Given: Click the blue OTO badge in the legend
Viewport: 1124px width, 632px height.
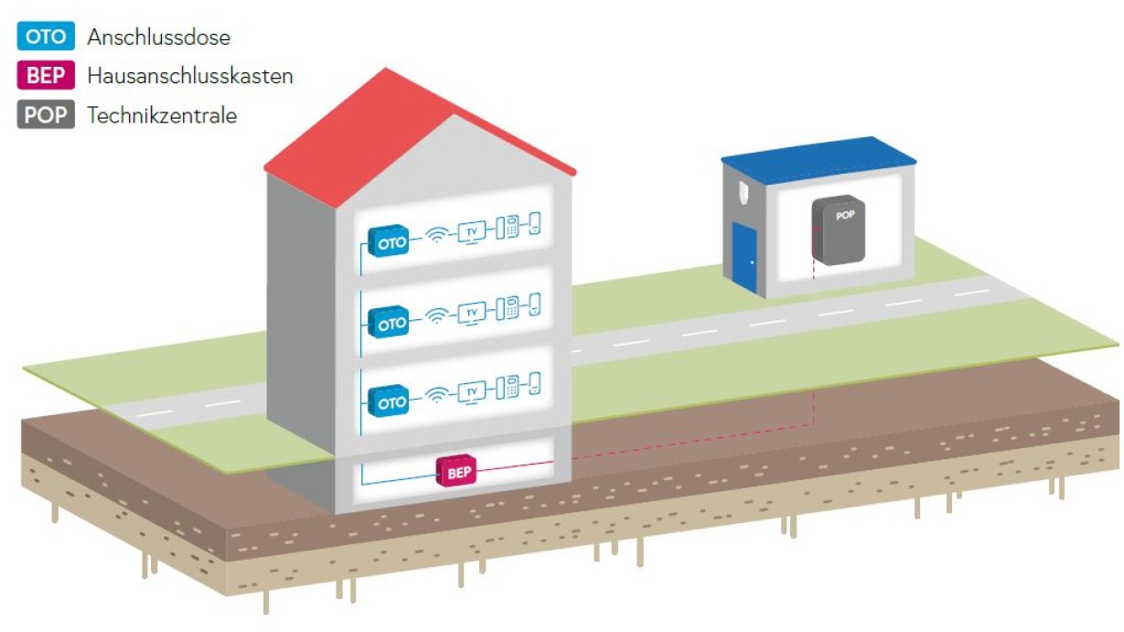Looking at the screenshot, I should [x=46, y=37].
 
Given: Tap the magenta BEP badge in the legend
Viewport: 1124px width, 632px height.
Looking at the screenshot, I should [x=46, y=76].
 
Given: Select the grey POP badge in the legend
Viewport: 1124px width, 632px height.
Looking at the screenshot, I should [x=46, y=115].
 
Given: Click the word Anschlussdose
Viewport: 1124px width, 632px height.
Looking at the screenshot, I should [x=159, y=37].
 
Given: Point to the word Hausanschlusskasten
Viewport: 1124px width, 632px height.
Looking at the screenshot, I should [x=190, y=77].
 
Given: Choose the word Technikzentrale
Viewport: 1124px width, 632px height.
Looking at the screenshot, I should [x=162, y=116].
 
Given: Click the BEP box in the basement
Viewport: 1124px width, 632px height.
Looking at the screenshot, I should [x=458, y=472].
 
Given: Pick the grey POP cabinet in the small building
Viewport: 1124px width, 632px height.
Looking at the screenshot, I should [x=837, y=230].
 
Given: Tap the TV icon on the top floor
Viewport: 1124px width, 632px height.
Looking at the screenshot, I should [x=472, y=233].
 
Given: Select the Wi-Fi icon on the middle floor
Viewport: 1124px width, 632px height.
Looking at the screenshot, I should [x=437, y=316].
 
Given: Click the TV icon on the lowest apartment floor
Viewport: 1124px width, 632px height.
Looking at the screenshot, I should [x=472, y=392].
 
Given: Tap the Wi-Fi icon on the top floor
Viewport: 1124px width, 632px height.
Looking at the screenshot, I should [x=437, y=237].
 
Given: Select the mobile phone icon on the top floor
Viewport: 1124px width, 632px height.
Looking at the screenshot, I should [x=534, y=225].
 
